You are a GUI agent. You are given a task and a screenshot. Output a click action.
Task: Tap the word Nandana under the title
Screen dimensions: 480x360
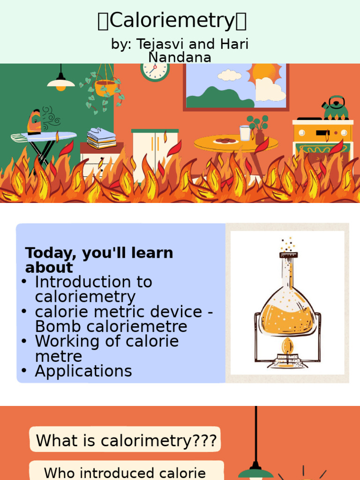pyautogui.click(x=180, y=57)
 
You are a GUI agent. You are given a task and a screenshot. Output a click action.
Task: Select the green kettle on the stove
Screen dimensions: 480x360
pyautogui.click(x=336, y=109)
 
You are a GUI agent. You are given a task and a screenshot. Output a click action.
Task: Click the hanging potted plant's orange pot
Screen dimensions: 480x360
pyautogui.click(x=105, y=88)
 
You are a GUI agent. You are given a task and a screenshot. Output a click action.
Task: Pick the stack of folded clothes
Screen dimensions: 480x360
pyautogui.click(x=101, y=138)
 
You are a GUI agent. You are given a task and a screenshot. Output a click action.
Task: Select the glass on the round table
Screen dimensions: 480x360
pyautogui.click(x=245, y=133)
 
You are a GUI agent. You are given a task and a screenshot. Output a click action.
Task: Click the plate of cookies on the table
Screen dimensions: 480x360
pyautogui.click(x=226, y=141)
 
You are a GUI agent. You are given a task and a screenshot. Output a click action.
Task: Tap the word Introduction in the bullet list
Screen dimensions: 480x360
pyautogui.click(x=93, y=282)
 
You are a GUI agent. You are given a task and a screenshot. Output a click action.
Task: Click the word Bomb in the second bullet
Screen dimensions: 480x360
pyautogui.click(x=55, y=327)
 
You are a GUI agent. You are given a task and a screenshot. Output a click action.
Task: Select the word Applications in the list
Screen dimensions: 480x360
pyautogui.click(x=83, y=371)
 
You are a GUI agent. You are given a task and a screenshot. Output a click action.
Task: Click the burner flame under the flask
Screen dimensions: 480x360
pyautogui.click(x=287, y=347)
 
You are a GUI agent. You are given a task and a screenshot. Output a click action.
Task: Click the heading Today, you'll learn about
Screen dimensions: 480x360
pyautogui.click(x=99, y=260)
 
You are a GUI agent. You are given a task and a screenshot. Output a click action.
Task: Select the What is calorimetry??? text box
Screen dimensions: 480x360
pyautogui.click(x=126, y=441)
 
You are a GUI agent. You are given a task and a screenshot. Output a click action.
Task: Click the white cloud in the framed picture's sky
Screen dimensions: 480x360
pyautogui.click(x=229, y=75)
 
